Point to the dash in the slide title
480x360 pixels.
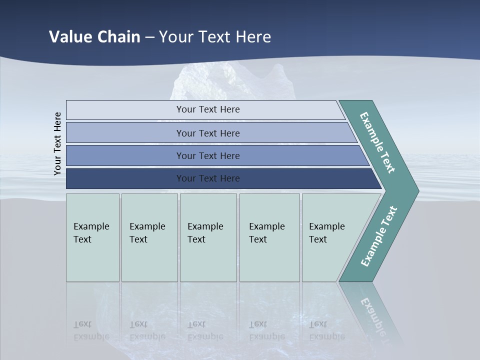click(149, 37)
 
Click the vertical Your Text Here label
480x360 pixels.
click(57, 144)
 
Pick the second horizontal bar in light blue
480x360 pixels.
click(207, 133)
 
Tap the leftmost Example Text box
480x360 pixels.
click(92, 237)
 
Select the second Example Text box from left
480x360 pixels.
click(149, 237)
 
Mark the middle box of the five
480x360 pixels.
click(208, 237)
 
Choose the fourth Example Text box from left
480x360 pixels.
click(269, 237)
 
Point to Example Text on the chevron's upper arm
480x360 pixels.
click(377, 142)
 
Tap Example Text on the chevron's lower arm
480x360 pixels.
click(378, 236)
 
